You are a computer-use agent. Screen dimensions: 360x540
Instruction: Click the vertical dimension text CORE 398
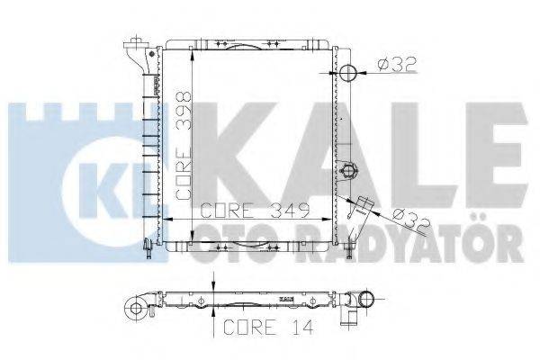184,144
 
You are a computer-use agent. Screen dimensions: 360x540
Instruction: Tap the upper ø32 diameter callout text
397,64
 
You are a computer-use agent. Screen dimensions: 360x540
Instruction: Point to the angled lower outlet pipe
364,210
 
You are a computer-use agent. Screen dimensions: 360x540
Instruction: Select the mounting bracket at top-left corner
138,49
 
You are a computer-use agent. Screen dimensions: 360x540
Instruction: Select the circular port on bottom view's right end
366,300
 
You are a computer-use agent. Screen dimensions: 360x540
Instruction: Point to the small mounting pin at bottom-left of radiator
147,245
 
